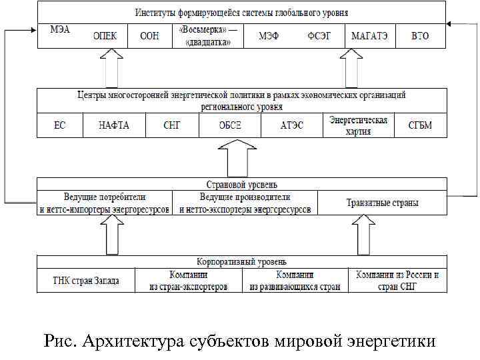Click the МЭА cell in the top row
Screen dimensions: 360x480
pyautogui.click(x=60, y=31)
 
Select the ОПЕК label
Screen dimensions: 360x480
pyautogui.click(x=105, y=36)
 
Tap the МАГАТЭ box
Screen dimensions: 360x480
pyautogui.click(x=370, y=36)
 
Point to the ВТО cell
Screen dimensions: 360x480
pyautogui.click(x=420, y=36)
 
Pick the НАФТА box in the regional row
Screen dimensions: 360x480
pyautogui.click(x=114, y=125)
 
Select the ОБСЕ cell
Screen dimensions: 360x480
pyautogui.click(x=230, y=125)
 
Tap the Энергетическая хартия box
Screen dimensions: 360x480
pyautogui.click(x=359, y=125)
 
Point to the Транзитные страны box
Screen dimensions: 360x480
pyautogui.click(x=383, y=203)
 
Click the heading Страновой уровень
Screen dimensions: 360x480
pyautogui.click(x=242, y=183)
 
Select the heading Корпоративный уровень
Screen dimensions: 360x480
pyautogui.click(x=242, y=261)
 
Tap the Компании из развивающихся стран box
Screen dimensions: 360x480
pyautogui.click(x=295, y=281)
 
